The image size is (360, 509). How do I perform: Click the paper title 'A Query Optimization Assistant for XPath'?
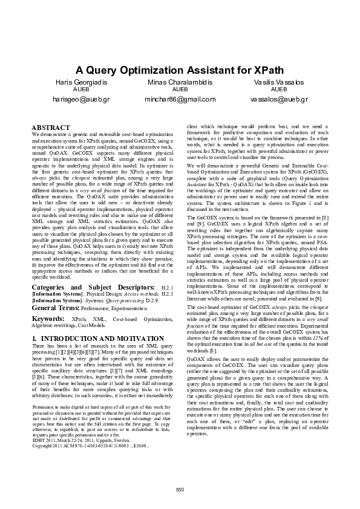tap(180, 70)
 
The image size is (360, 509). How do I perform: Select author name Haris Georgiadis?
tap(80, 82)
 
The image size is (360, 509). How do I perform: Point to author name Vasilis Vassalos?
tap(278, 82)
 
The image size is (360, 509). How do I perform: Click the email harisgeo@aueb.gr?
tap(80, 98)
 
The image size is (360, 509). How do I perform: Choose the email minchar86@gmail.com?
tap(180, 98)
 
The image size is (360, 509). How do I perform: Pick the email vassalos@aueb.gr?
tap(278, 98)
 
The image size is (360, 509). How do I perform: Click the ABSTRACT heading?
tap(50, 127)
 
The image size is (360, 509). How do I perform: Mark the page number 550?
tap(180, 488)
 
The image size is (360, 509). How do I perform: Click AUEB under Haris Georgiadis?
tap(80, 89)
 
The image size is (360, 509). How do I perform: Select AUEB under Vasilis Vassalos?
tap(278, 89)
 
